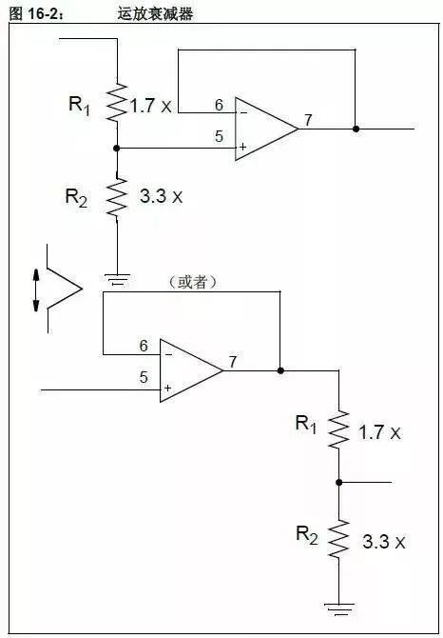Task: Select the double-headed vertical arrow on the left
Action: [x=36, y=289]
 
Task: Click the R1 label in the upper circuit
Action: [x=80, y=104]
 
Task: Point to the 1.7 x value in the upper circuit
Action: [x=151, y=106]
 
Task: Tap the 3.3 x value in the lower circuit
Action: [x=384, y=542]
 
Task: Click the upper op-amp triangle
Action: [x=263, y=128]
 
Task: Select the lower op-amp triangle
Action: [x=187, y=369]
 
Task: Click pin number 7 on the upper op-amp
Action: [x=307, y=120]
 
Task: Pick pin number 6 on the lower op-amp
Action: [x=144, y=346]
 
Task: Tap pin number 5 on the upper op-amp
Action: [x=219, y=137]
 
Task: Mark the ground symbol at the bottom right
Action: [x=338, y=605]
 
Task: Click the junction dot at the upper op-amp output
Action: [x=356, y=128]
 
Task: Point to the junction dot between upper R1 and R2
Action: [x=116, y=148]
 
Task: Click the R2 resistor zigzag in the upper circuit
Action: [x=116, y=198]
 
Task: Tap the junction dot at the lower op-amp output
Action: [x=280, y=369]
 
